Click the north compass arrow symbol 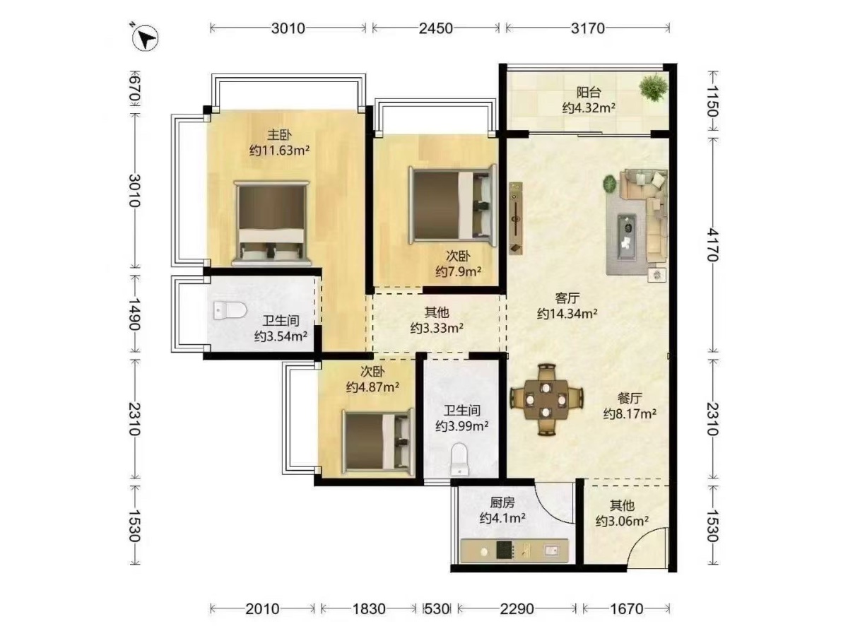[146, 38]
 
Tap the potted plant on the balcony [654, 87]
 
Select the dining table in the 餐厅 [546, 400]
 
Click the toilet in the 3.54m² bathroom [230, 310]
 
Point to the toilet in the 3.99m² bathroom [459, 459]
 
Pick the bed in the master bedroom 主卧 [272, 223]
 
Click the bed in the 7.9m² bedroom [452, 205]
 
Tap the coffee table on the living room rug [626, 236]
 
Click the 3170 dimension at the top [588, 28]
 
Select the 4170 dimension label [712, 245]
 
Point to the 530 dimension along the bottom [437, 609]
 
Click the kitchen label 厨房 [502, 502]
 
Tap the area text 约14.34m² [567, 314]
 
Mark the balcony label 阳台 [589, 93]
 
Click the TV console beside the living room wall [516, 218]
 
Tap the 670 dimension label [134, 89]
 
